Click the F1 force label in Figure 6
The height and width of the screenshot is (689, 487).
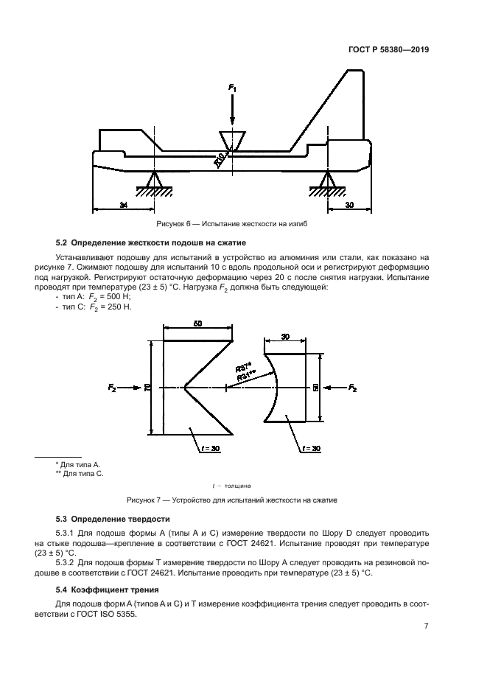(233, 88)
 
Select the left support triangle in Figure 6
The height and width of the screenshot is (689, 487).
(154, 180)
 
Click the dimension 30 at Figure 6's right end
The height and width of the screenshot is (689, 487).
(349, 206)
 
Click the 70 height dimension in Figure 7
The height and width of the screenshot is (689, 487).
(148, 388)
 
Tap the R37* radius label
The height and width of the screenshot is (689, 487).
(244, 367)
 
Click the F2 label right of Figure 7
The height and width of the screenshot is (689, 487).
(353, 388)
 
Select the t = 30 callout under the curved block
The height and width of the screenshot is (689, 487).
(312, 447)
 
